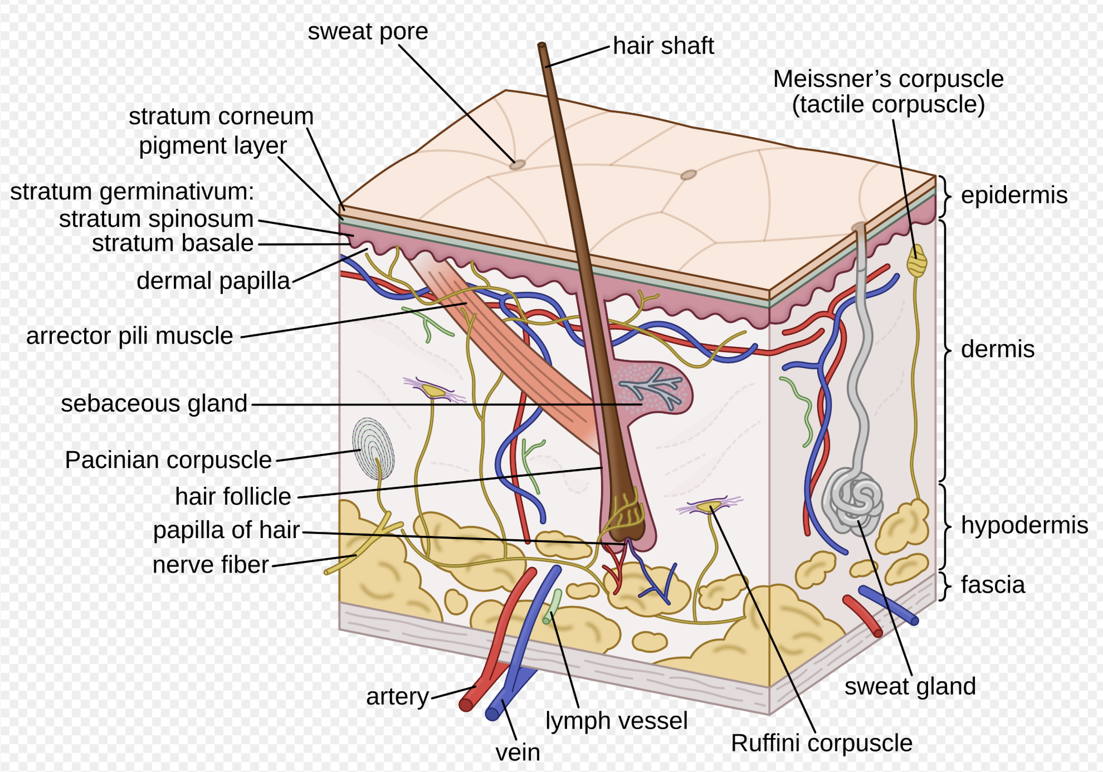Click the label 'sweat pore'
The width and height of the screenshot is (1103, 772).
tap(368, 31)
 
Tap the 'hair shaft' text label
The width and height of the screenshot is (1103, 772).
tap(663, 46)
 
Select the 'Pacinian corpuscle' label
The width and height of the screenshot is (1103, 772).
tap(168, 460)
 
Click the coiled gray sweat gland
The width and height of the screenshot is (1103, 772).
tap(852, 499)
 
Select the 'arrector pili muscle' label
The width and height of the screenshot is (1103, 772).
tap(129, 336)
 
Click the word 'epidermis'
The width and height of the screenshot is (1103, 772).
tap(1014, 195)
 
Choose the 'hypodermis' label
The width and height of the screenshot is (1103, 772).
tap(1024, 525)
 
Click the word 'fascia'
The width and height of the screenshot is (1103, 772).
tap(993, 585)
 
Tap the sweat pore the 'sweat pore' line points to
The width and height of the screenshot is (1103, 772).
tap(518, 164)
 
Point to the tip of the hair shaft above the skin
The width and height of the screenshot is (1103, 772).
tap(541, 46)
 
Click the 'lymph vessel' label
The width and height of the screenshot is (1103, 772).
tap(616, 721)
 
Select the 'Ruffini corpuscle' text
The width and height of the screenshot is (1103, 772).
tap(821, 743)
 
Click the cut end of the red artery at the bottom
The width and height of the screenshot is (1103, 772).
tap(466, 705)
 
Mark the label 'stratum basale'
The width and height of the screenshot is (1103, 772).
tap(173, 243)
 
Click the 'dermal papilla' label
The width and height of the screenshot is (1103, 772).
tap(213, 281)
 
